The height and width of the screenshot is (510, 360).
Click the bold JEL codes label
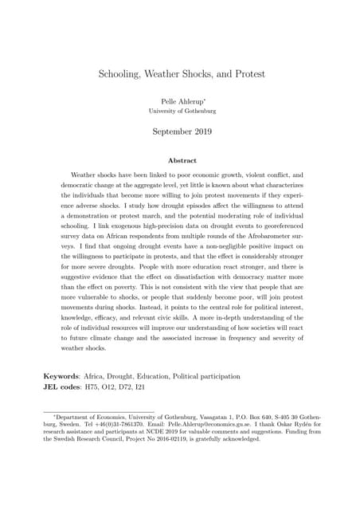pos(66,387)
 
